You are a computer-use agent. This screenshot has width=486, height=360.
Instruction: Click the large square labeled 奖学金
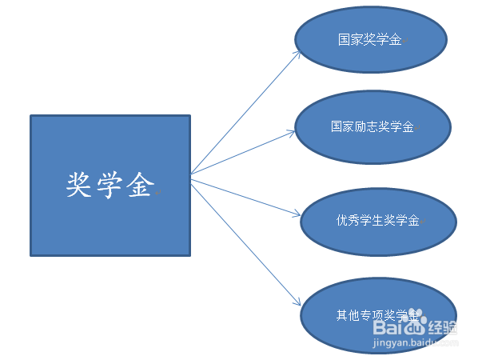tap(110, 186)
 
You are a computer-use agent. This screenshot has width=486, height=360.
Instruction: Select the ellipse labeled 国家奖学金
tap(371, 40)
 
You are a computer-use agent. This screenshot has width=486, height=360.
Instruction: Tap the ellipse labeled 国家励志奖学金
tap(372, 127)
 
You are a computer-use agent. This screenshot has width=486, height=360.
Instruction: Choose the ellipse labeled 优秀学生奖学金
tap(378, 222)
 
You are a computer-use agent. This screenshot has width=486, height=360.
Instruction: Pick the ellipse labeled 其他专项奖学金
tap(378, 316)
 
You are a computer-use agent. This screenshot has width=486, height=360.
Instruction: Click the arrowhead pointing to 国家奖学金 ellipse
tap(297, 54)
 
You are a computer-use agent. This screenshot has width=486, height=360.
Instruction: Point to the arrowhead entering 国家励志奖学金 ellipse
tap(291, 134)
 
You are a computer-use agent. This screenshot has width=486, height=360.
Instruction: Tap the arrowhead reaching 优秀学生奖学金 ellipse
tap(297, 214)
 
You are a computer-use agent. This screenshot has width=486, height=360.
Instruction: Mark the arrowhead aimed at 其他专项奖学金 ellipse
tap(297, 302)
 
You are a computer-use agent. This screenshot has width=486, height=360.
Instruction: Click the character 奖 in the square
tap(78, 185)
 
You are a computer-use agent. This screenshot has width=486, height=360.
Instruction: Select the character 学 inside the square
tap(110, 185)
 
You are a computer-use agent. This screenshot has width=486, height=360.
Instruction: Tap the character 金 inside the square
tap(141, 185)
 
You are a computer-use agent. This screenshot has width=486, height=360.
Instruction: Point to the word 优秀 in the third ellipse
tap(348, 220)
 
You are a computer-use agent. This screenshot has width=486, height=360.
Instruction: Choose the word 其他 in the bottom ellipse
tap(348, 315)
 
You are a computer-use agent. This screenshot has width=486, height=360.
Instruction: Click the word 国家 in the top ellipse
tap(350, 40)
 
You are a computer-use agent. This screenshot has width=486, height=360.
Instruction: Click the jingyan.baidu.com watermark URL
tap(416, 343)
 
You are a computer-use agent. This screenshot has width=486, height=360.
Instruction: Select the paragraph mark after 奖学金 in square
tap(158, 193)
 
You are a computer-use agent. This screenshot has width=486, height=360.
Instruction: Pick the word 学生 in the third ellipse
tap(372, 220)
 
